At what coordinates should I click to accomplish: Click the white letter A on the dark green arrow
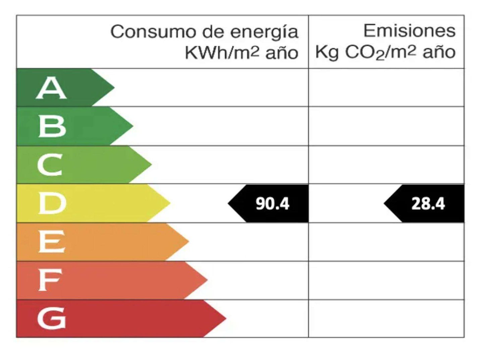pyautogui.click(x=51, y=88)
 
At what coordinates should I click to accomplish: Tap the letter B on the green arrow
pyautogui.click(x=52, y=126)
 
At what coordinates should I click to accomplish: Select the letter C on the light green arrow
pyautogui.click(x=50, y=165)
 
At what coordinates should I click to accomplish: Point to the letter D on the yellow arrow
pyautogui.click(x=52, y=203)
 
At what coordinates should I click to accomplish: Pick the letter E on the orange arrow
pyautogui.click(x=51, y=242)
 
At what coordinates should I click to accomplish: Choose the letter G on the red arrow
pyautogui.click(x=52, y=318)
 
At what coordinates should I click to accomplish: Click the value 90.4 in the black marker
pyautogui.click(x=272, y=204)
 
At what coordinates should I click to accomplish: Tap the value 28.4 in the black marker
pyautogui.click(x=428, y=204)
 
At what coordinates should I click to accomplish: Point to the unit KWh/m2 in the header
pyautogui.click(x=222, y=53)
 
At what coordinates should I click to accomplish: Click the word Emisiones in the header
pyautogui.click(x=410, y=31)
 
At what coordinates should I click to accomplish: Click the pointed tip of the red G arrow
pyautogui.click(x=225, y=318)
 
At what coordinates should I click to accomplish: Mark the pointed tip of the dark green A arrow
pyautogui.click(x=114, y=88)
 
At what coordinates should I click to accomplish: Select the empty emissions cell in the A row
pyautogui.click(x=386, y=88)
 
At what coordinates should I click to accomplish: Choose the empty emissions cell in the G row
pyautogui.click(x=386, y=318)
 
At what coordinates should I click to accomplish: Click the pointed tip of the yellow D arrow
pyautogui.click(x=170, y=203)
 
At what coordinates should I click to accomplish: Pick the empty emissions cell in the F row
pyautogui.click(x=386, y=280)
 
